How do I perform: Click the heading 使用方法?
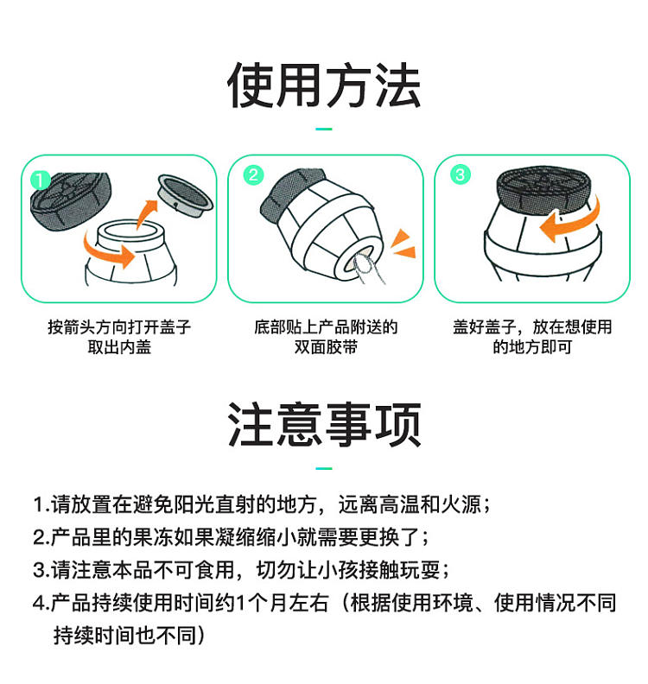pos(324,85)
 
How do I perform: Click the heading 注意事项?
pos(324,424)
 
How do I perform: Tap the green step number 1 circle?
pos(41,180)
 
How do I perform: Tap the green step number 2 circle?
pos(253,175)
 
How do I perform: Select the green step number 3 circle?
pos(461,175)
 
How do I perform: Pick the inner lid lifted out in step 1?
pos(186,194)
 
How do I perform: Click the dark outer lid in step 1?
pos(71,200)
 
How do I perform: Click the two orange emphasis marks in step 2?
pos(403,244)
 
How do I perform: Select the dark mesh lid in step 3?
pos(545,189)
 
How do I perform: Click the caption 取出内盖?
pos(119,347)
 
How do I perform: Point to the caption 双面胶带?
pos(326,347)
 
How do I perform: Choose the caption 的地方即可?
pos(532,347)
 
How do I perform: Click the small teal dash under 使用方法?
pos(324,130)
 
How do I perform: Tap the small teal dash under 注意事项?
pos(324,468)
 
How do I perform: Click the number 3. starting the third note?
pos(41,571)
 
